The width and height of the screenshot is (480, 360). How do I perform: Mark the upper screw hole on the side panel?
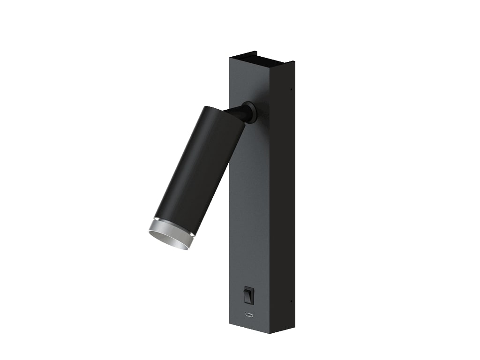291,90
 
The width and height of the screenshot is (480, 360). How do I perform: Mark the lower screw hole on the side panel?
291,301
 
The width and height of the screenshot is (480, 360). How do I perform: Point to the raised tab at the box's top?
249,52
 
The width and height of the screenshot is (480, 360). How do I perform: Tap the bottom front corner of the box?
270,334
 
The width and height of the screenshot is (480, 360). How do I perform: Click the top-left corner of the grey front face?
230,57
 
